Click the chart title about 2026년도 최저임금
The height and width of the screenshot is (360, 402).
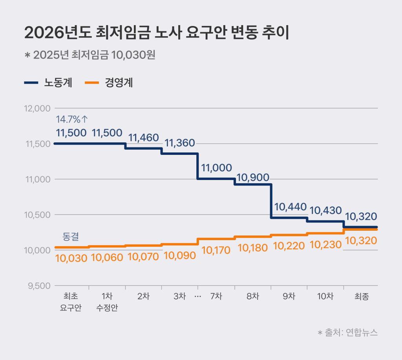[x=156, y=33]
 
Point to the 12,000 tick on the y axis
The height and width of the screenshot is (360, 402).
[x=37, y=108]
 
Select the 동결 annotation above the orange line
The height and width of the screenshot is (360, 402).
[x=71, y=236]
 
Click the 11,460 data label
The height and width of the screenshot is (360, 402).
[x=144, y=138]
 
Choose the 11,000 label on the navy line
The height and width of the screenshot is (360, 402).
[x=216, y=168]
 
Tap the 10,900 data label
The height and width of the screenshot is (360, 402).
[x=252, y=178]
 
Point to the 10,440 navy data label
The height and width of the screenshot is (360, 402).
[x=290, y=207]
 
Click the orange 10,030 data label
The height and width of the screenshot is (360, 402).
[x=71, y=258]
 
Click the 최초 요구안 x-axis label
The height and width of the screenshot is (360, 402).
[x=71, y=302]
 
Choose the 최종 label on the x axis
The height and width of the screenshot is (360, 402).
[x=362, y=296]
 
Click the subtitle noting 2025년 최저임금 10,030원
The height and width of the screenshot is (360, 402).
[x=90, y=55]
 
